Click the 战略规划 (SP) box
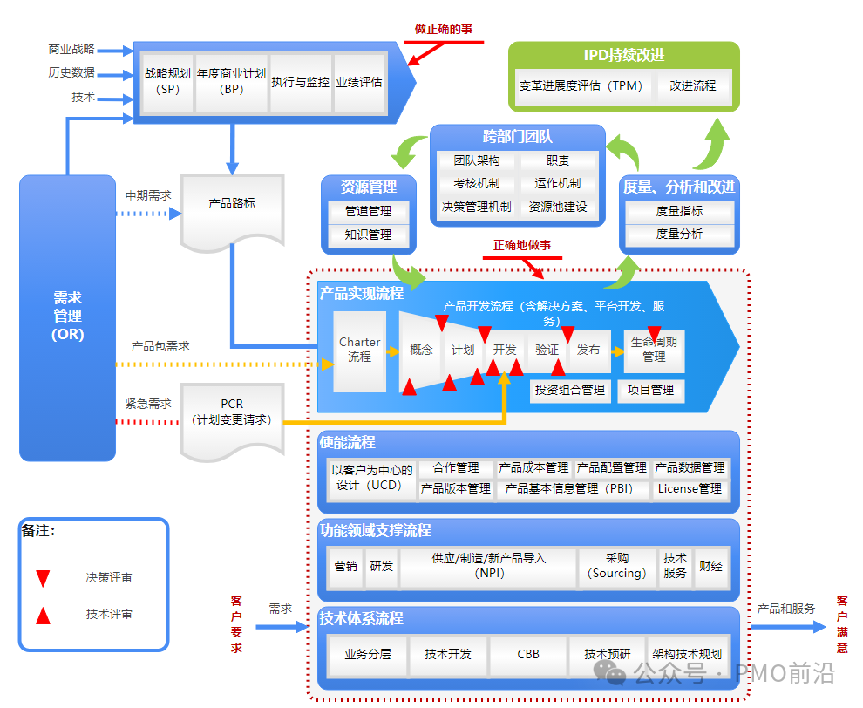pos(167,82)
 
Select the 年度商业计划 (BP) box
pos(231,82)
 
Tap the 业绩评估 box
pos(359,82)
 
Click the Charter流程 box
pos(359,351)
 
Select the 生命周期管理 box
pos(654,351)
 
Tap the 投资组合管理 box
pos(570,391)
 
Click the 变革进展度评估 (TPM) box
pos(581,86)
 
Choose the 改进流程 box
pos(693,86)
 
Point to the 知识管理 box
pos(368,235)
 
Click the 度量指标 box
pos(679,211)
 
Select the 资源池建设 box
pos(558,208)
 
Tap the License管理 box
pos(690,489)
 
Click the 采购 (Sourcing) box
pos(617,566)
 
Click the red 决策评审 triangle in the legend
pos(43,577)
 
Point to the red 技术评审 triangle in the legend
pos(43,615)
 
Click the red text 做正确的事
pos(444,29)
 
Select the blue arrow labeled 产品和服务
pos(790,626)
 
